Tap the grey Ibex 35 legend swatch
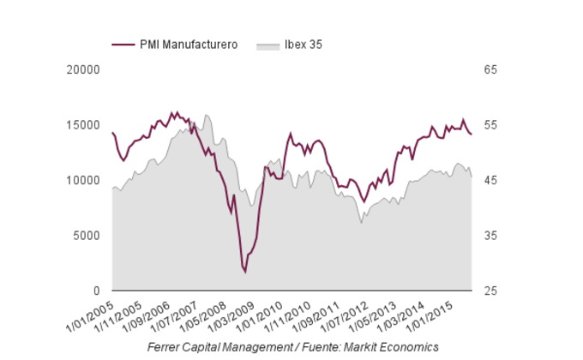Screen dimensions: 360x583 point(269,45)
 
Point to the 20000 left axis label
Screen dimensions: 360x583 point(84,69)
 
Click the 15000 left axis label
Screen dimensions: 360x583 point(84,125)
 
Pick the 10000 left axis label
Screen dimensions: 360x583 point(84,181)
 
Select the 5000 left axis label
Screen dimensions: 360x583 point(87,236)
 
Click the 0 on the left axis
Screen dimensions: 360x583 point(96,291)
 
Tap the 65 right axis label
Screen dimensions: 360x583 point(490,69)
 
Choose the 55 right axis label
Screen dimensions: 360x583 point(490,125)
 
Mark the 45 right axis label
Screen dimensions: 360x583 point(490,181)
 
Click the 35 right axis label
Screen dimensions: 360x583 point(490,236)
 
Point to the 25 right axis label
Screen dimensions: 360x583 point(490,291)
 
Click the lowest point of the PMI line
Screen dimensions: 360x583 point(244,272)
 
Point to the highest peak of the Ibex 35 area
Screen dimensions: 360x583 point(207,115)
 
